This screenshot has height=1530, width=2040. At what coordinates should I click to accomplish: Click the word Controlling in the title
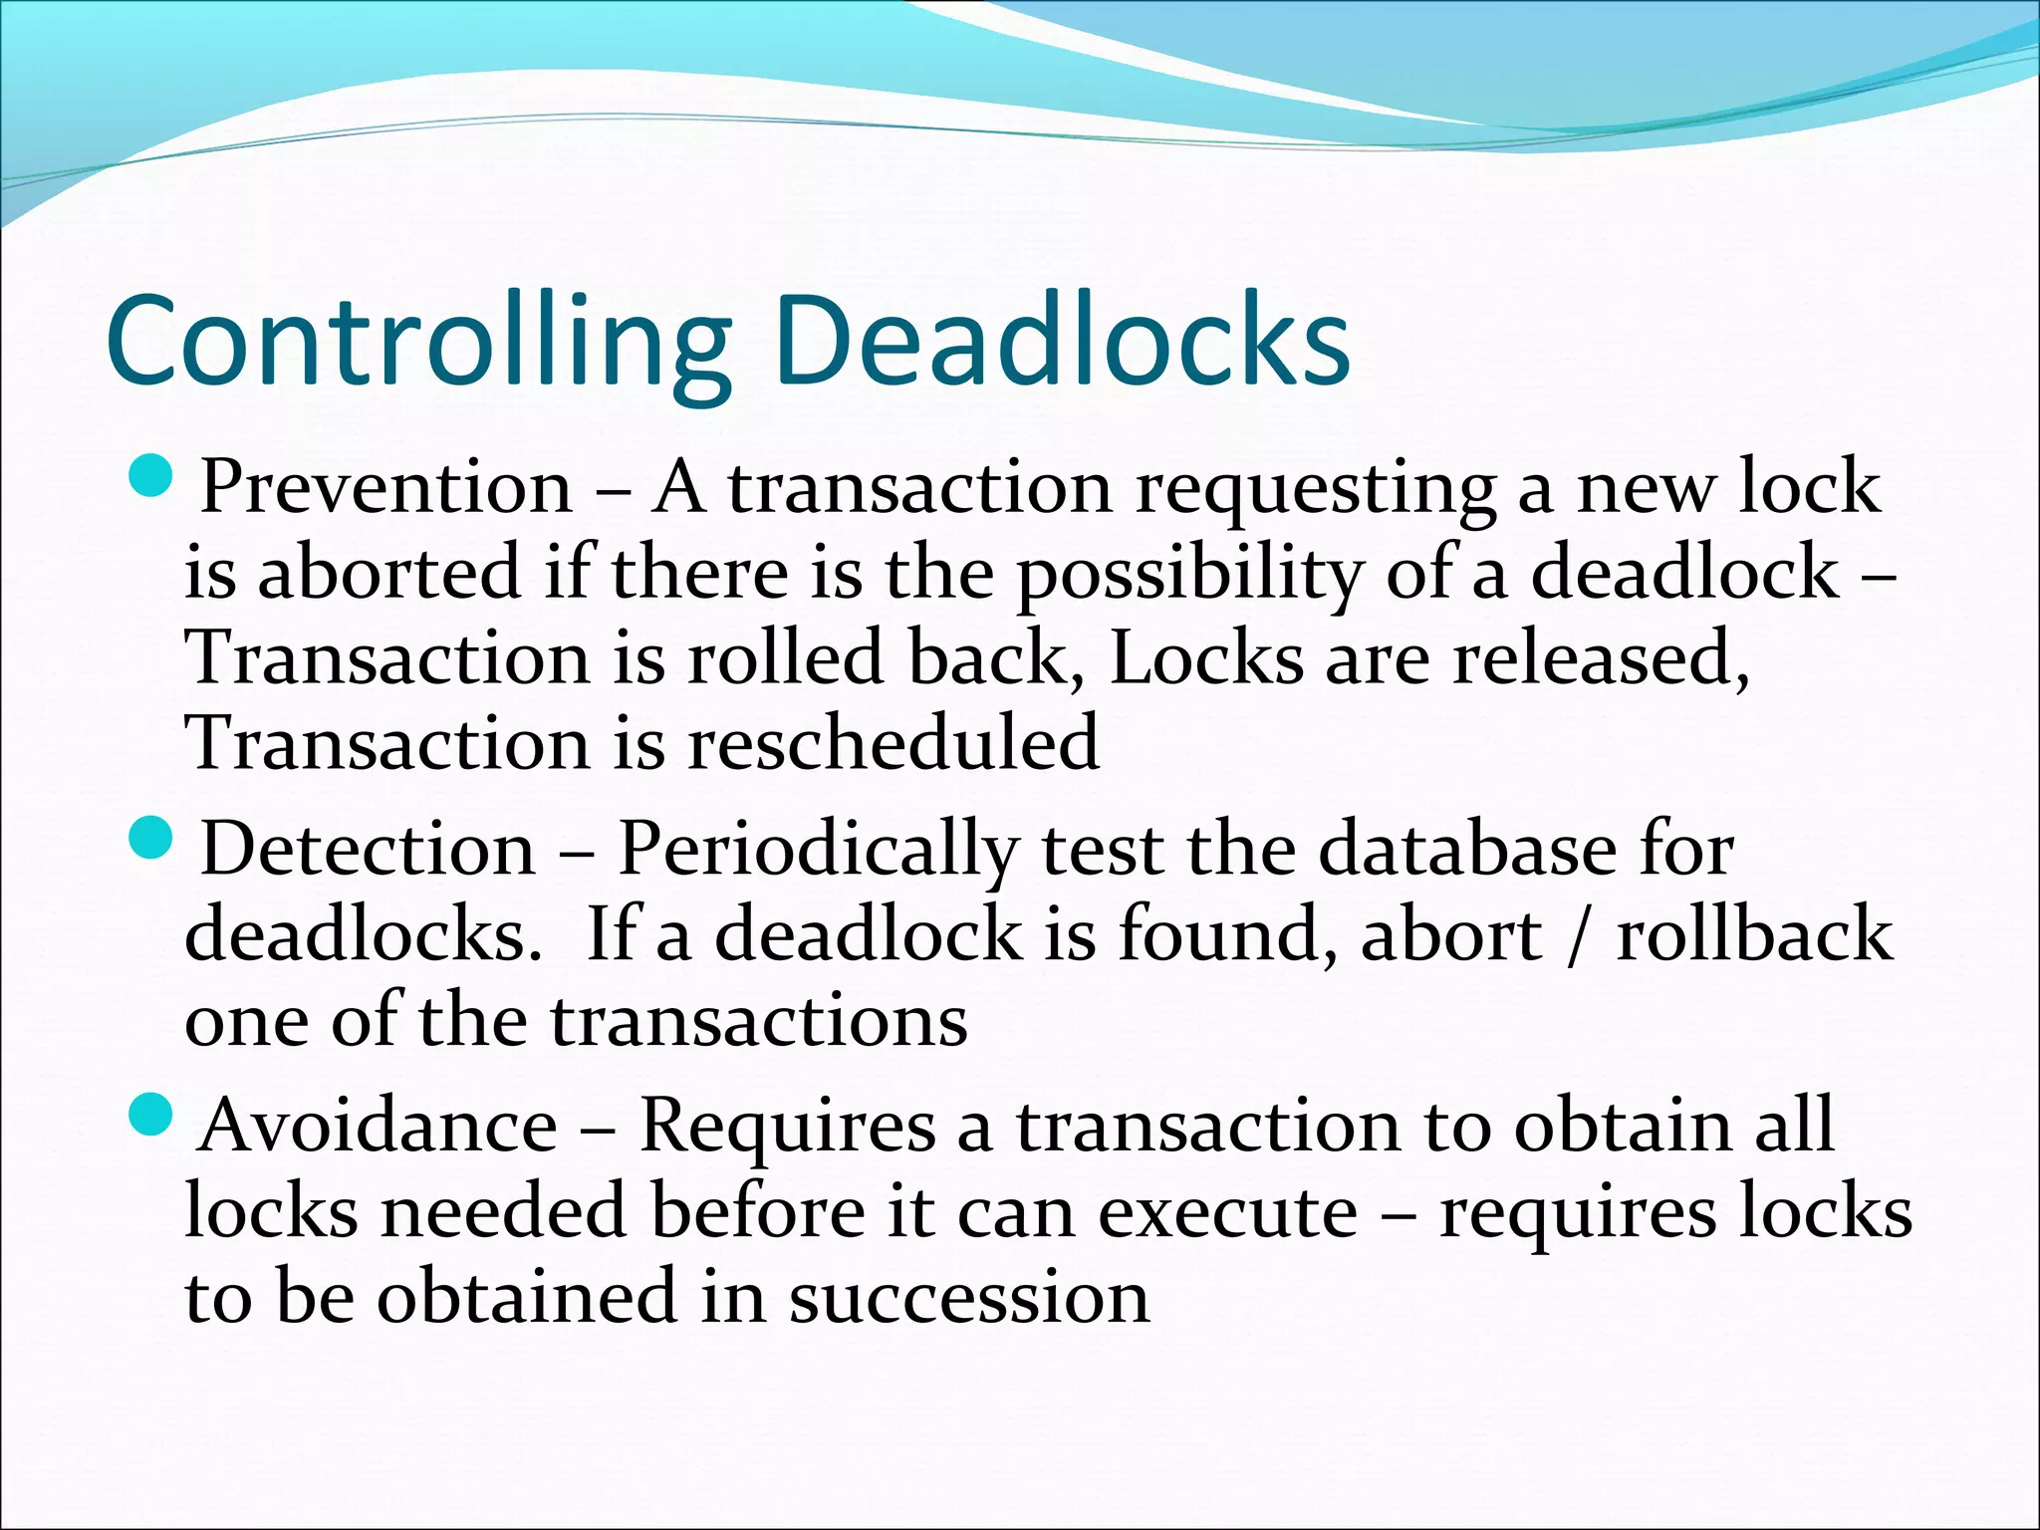[418, 341]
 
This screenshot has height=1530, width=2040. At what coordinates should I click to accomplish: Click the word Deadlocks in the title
[1062, 341]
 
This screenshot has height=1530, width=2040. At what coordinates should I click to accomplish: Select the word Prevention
[386, 488]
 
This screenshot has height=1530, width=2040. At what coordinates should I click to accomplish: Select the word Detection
[369, 850]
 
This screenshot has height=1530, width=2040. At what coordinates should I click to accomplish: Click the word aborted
[389, 575]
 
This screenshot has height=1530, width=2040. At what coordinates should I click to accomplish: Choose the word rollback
[1753, 937]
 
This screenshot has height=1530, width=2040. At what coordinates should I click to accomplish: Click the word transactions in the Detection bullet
[758, 1023]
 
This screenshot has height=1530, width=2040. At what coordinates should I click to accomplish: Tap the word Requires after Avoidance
[787, 1127]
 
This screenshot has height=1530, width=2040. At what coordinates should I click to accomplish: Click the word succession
[969, 1299]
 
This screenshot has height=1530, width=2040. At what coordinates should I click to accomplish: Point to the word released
[1600, 659]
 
